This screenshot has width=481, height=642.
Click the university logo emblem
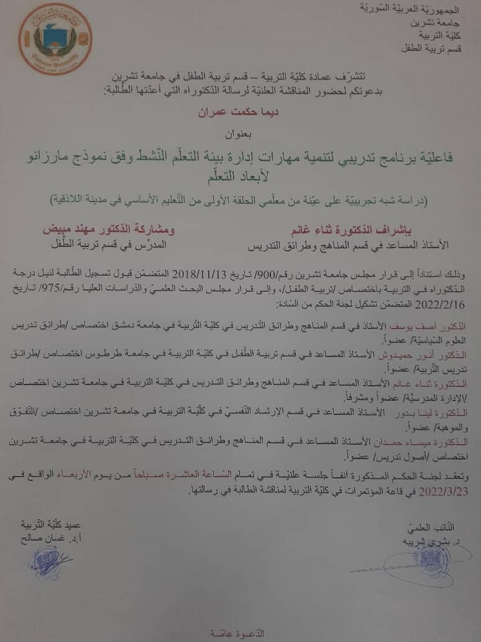pos(55,39)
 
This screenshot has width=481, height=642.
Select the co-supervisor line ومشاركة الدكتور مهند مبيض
pos(109,229)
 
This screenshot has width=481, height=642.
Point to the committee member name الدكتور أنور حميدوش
pos(435,354)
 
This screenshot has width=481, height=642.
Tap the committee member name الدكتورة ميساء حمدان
pos(431,440)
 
